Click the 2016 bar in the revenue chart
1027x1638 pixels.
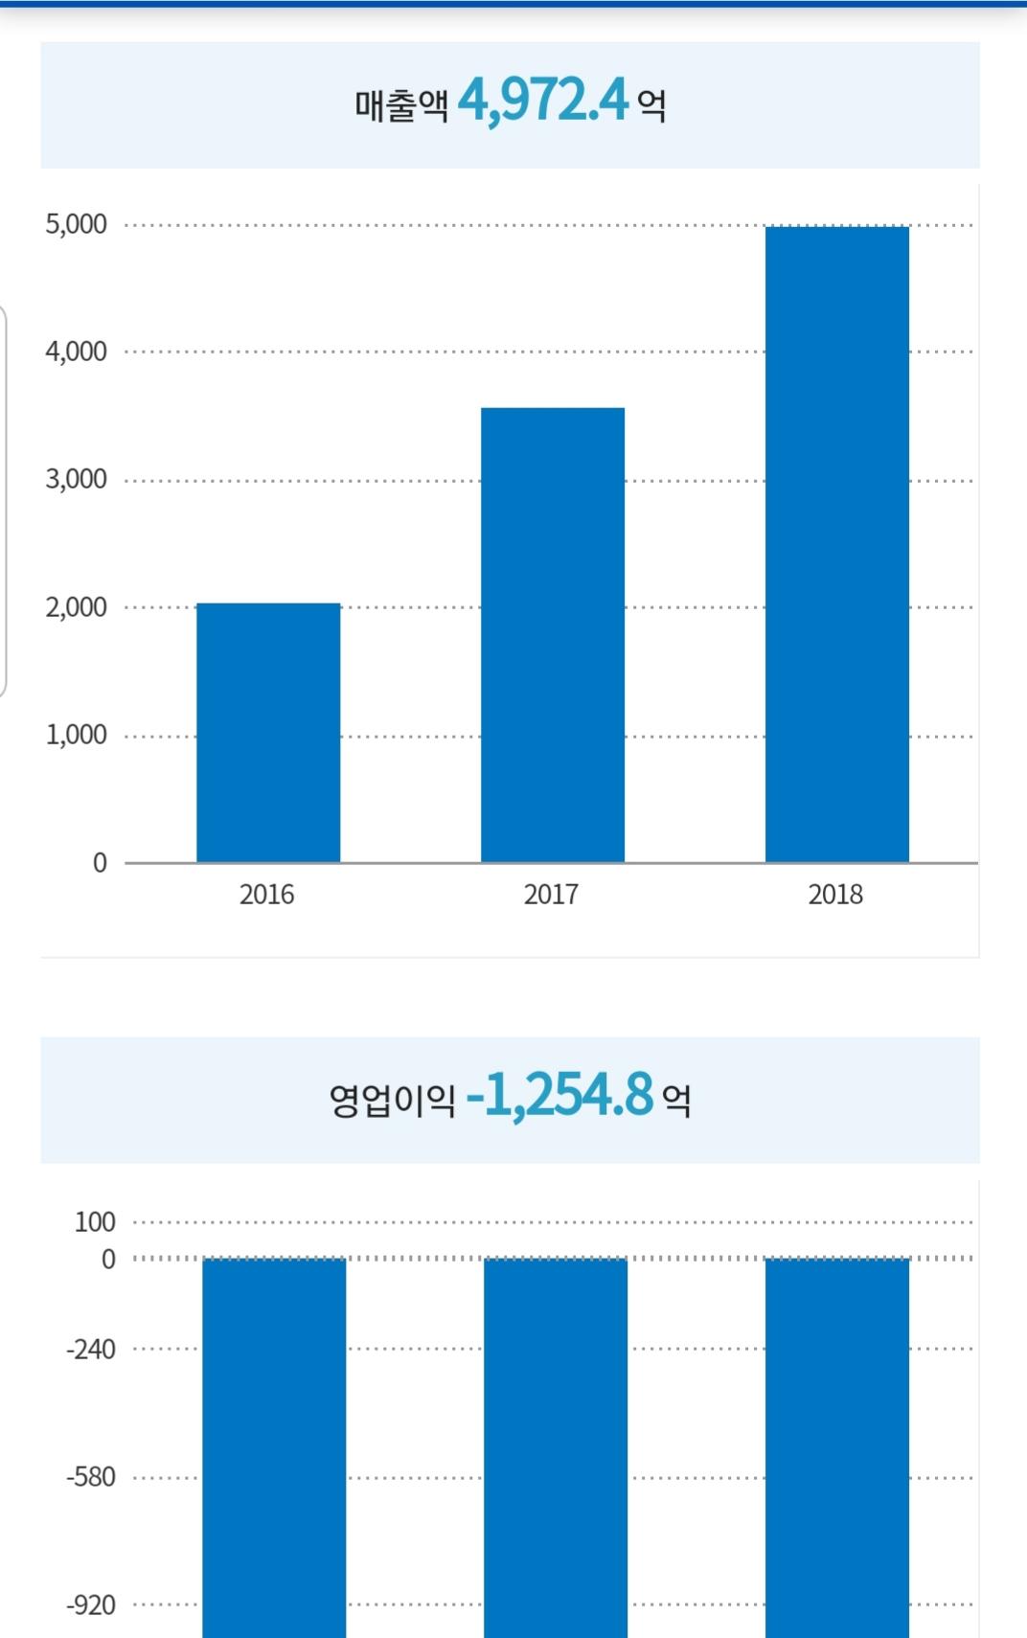tap(268, 733)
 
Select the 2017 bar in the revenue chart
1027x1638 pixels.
tap(553, 635)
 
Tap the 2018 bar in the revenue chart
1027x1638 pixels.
tap(836, 544)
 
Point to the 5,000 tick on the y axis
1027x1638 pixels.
tap(77, 224)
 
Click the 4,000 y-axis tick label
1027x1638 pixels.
tap(77, 352)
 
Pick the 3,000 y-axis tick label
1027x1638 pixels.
tap(77, 479)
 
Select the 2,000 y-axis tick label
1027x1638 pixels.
tap(77, 607)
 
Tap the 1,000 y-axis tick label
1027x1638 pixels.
tap(77, 735)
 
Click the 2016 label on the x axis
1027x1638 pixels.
tap(266, 895)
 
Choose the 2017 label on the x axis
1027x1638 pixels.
tap(551, 895)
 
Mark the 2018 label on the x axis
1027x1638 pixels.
tap(835, 895)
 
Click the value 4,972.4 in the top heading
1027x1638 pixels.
tap(543, 100)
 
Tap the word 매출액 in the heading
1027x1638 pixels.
tap(401, 104)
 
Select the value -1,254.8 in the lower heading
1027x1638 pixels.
tap(559, 1095)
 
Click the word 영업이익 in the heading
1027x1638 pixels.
tap(392, 1100)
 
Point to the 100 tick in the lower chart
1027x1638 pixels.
tap(95, 1222)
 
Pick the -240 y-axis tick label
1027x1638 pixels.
tap(91, 1350)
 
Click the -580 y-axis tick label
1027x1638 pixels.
tap(91, 1477)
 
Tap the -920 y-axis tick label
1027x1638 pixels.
tap(91, 1605)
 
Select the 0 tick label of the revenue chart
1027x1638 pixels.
tap(100, 863)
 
